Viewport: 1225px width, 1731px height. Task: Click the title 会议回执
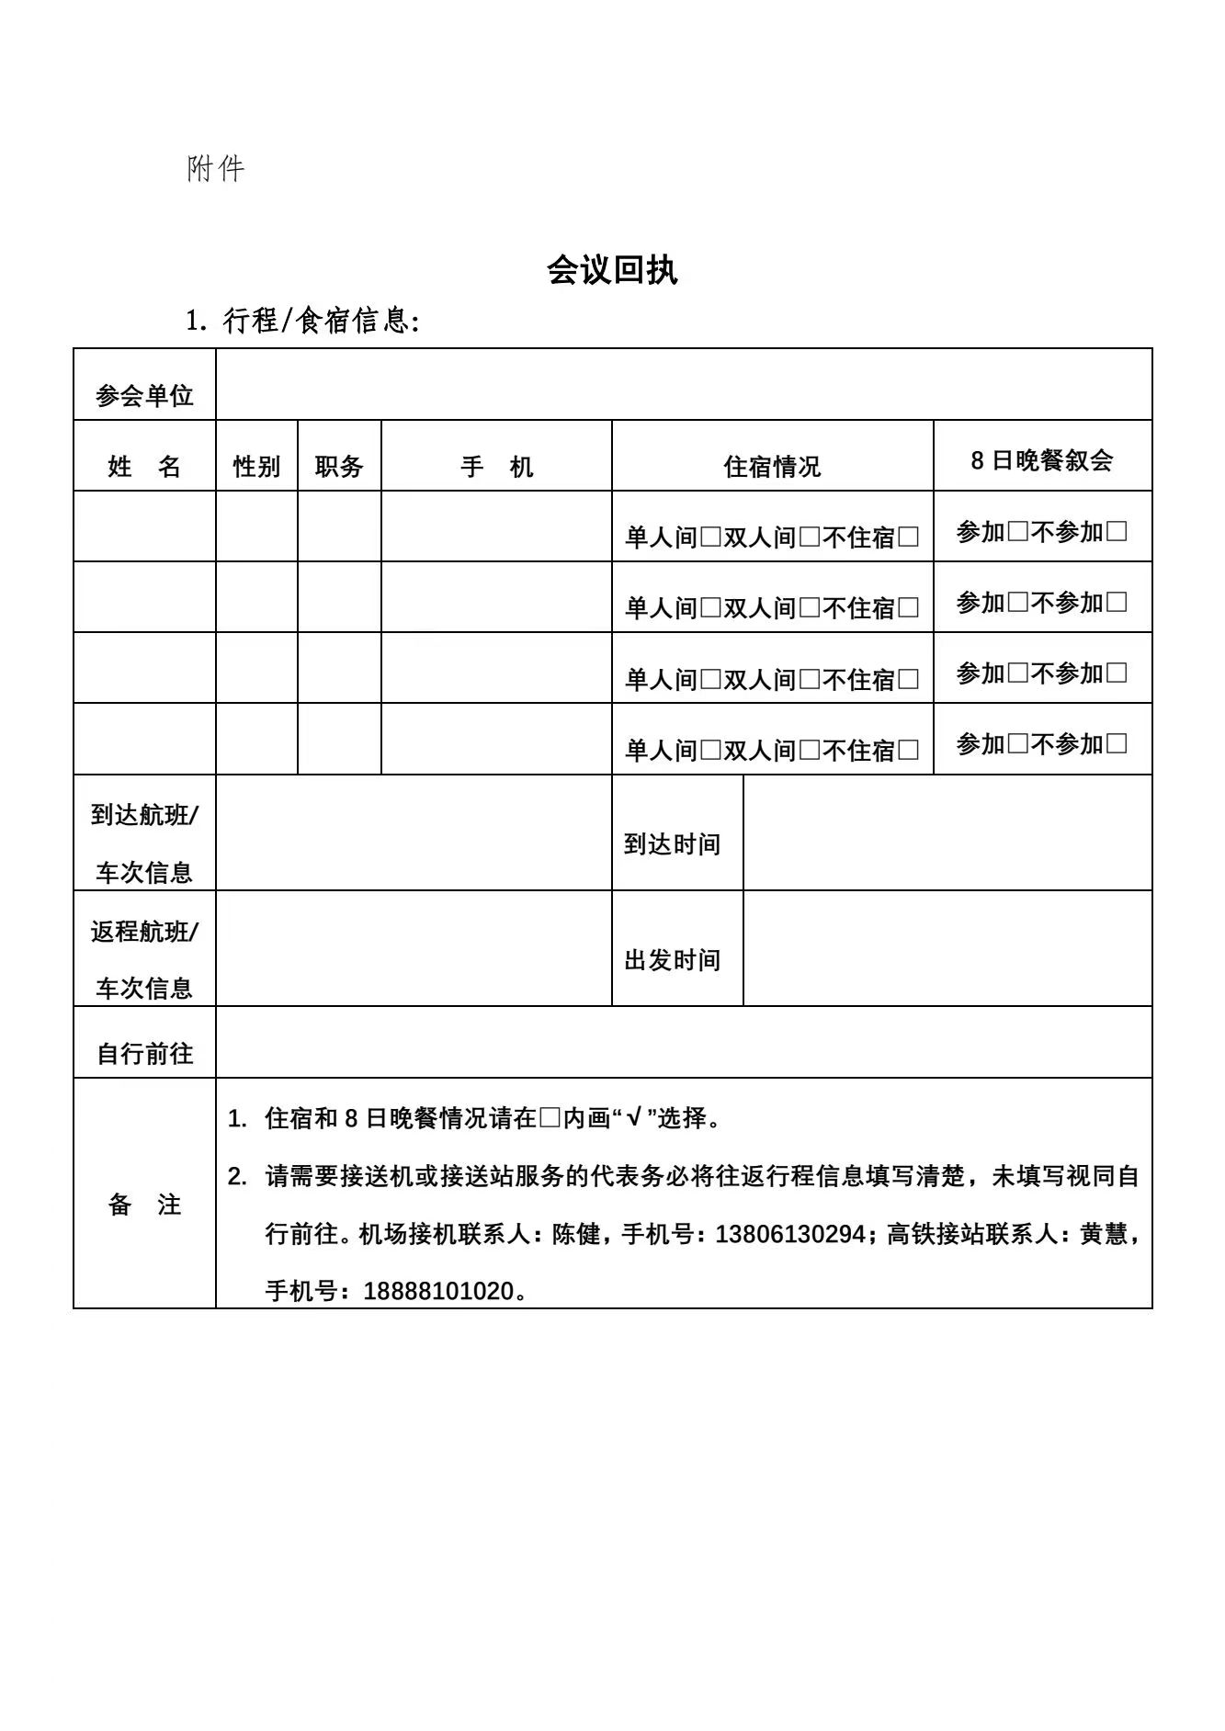(612, 270)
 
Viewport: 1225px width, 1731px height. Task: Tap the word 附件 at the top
(216, 169)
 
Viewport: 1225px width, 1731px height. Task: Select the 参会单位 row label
(144, 396)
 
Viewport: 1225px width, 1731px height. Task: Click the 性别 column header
(256, 467)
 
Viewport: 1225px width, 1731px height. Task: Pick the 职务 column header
(339, 467)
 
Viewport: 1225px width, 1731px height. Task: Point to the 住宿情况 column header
(772, 467)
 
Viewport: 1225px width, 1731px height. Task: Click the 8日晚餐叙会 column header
(1042, 459)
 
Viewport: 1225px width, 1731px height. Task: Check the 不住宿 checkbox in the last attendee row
(908, 750)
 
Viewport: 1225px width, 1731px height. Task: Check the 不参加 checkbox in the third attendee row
(1117, 673)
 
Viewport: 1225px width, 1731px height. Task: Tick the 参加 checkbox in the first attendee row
(1017, 531)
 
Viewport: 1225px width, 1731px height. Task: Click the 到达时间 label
(672, 844)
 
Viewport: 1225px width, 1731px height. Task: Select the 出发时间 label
(672, 960)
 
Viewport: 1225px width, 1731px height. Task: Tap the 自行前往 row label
(144, 1054)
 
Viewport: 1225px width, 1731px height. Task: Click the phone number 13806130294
(789, 1234)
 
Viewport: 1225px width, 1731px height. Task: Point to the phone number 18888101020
(438, 1291)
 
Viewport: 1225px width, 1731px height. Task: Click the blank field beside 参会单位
(684, 384)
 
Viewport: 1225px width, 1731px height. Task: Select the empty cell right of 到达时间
(947, 832)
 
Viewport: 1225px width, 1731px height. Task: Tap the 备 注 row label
(144, 1205)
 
